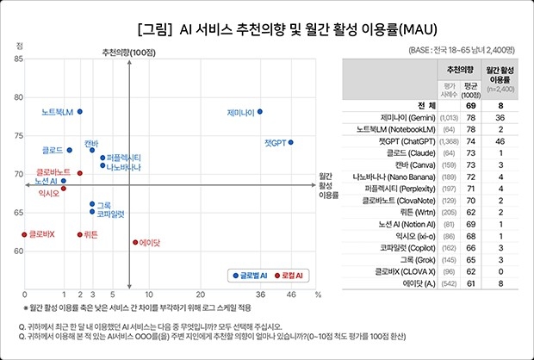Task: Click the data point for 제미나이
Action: coord(260,111)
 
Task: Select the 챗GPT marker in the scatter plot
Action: coord(291,142)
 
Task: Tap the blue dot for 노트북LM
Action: coord(80,111)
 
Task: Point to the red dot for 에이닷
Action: coord(135,242)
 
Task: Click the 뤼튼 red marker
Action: coord(80,234)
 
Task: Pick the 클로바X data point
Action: coord(24,234)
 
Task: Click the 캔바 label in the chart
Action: coord(91,141)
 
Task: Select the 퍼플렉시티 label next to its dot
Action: coord(124,158)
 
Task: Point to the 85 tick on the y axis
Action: coord(18,58)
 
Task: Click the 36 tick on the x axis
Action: coord(260,294)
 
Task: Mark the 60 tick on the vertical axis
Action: coord(18,251)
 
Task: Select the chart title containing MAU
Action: coord(267,28)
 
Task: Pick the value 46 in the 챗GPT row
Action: coord(501,140)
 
